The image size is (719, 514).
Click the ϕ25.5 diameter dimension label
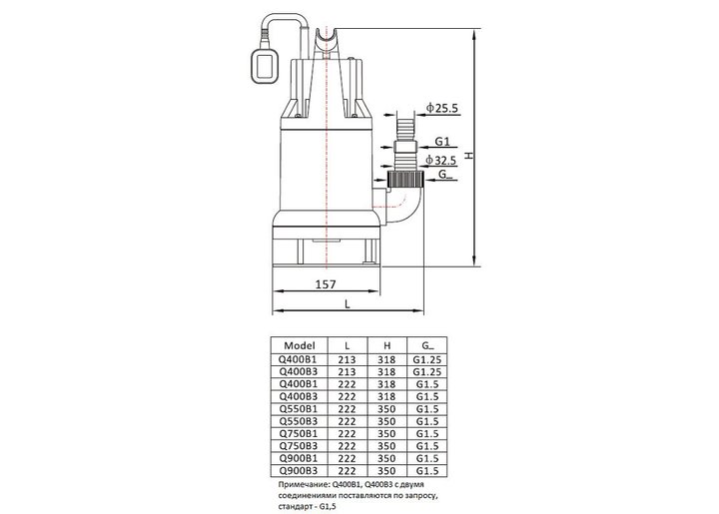(441, 108)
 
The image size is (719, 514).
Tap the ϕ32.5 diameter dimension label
(440, 160)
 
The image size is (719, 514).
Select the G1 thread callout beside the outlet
(442, 142)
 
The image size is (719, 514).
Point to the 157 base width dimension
(326, 284)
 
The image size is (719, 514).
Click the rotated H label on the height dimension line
(468, 156)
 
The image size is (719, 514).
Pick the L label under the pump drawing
(348, 304)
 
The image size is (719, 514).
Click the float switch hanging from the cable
(264, 67)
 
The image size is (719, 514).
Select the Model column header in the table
(300, 345)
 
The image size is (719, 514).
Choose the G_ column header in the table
(427, 345)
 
